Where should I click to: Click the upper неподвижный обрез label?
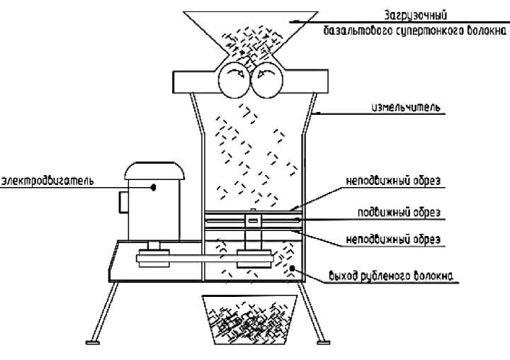point(394,181)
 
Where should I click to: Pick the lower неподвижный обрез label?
point(394,240)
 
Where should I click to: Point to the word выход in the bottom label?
point(344,276)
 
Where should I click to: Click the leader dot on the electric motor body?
point(154,187)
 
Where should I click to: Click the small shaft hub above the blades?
point(251,219)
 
